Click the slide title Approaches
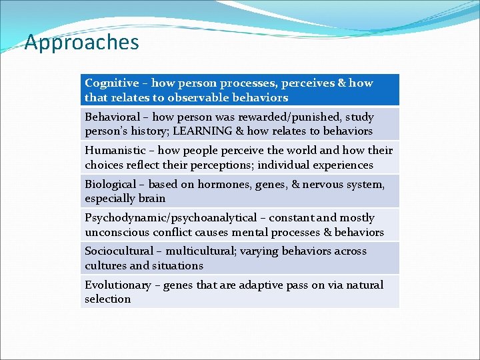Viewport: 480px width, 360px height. coord(81,43)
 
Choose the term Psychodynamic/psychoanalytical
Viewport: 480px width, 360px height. coord(171,218)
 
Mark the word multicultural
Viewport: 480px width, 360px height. coord(205,251)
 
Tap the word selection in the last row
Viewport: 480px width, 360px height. coord(107,299)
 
